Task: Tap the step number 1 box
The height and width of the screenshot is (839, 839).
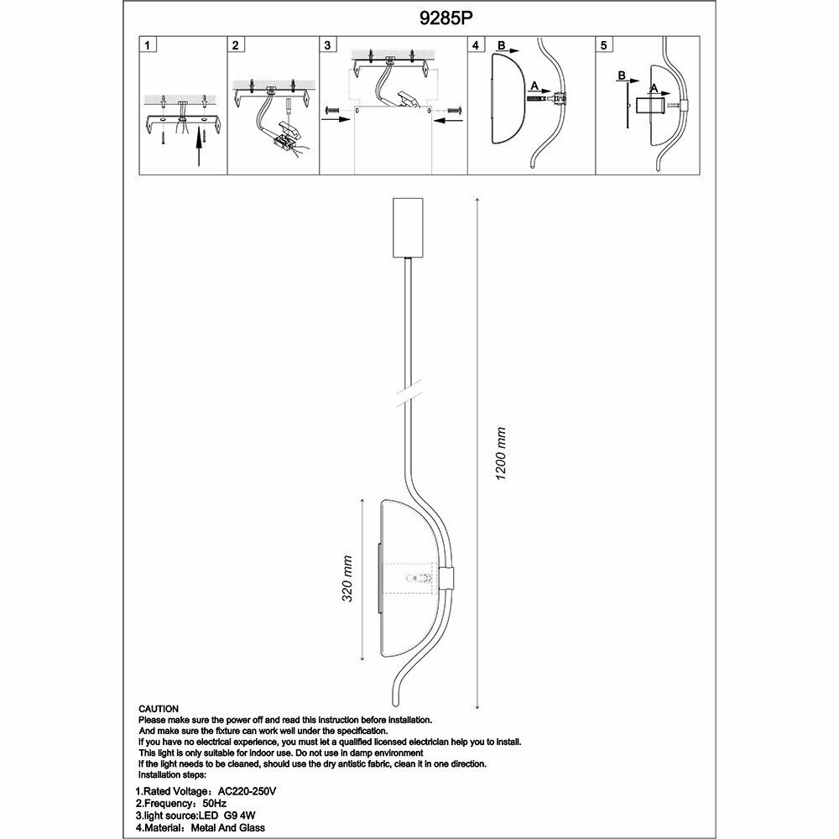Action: [x=148, y=45]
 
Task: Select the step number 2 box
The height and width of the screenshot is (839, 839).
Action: [x=237, y=45]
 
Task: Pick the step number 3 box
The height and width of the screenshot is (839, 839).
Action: [x=329, y=45]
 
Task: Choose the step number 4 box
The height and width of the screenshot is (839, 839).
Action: [x=477, y=45]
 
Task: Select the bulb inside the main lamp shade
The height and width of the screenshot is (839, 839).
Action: [x=412, y=578]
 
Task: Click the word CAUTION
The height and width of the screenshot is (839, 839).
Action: [x=159, y=709]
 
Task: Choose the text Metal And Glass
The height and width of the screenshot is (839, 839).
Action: [x=232, y=827]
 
